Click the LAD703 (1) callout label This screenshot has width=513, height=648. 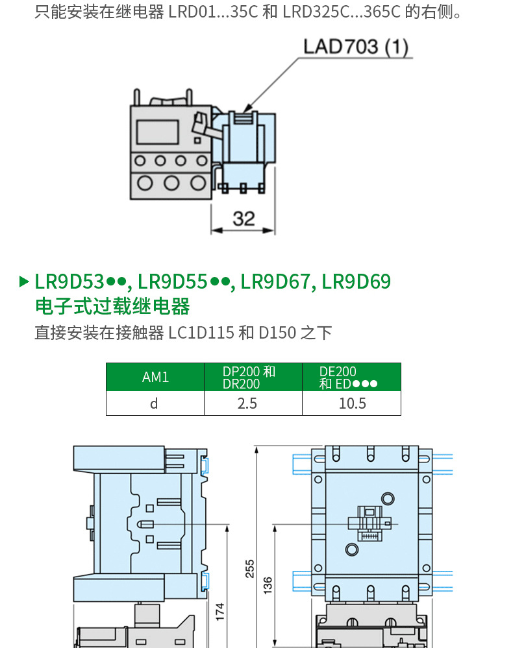tap(356, 47)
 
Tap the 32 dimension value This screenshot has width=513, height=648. tap(244, 219)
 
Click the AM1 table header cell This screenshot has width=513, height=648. tap(155, 377)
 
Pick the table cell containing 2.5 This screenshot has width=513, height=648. tap(247, 403)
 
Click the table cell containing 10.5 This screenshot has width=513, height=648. tap(352, 403)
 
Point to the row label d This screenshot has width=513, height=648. tap(154, 403)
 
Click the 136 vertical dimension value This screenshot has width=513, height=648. tap(268, 583)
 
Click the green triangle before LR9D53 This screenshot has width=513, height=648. tap(24, 282)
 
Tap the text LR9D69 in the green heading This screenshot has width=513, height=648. tap(357, 282)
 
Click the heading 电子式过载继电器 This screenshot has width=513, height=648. tap(112, 306)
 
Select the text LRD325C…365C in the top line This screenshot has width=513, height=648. tap(344, 12)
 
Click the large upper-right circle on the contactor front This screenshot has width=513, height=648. tap(388, 498)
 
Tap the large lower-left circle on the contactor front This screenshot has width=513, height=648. tap(351, 549)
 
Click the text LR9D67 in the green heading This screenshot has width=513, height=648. tap(275, 282)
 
